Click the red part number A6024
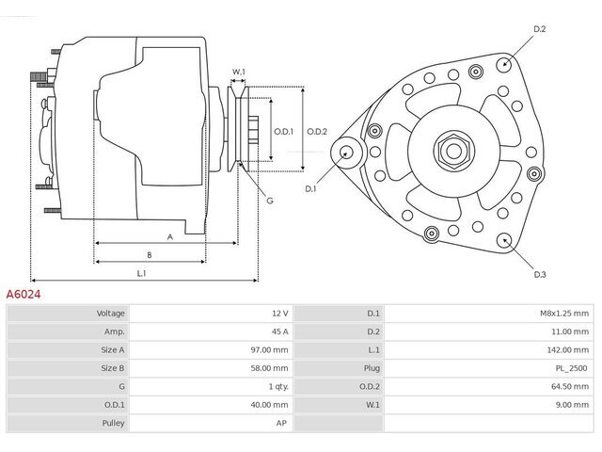coord(23,295)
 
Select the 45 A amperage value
coord(279,331)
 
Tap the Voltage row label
coord(111,314)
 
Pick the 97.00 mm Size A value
coord(269,349)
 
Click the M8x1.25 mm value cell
coord(564,314)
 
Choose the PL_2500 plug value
coord(571,368)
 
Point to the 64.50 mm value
coord(570,386)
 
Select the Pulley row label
coord(113,423)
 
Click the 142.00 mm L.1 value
coord(567,349)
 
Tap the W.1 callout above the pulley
coord(238,72)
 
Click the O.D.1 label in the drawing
coord(283,132)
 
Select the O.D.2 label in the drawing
coord(317,132)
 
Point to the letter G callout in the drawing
coord(270,201)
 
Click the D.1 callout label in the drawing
coord(310,188)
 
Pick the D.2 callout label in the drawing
coord(539,29)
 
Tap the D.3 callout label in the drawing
coord(540,274)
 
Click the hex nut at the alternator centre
coord(453,152)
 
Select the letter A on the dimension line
coord(169,237)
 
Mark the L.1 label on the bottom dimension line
coord(141,274)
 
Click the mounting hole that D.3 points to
coord(504,241)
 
